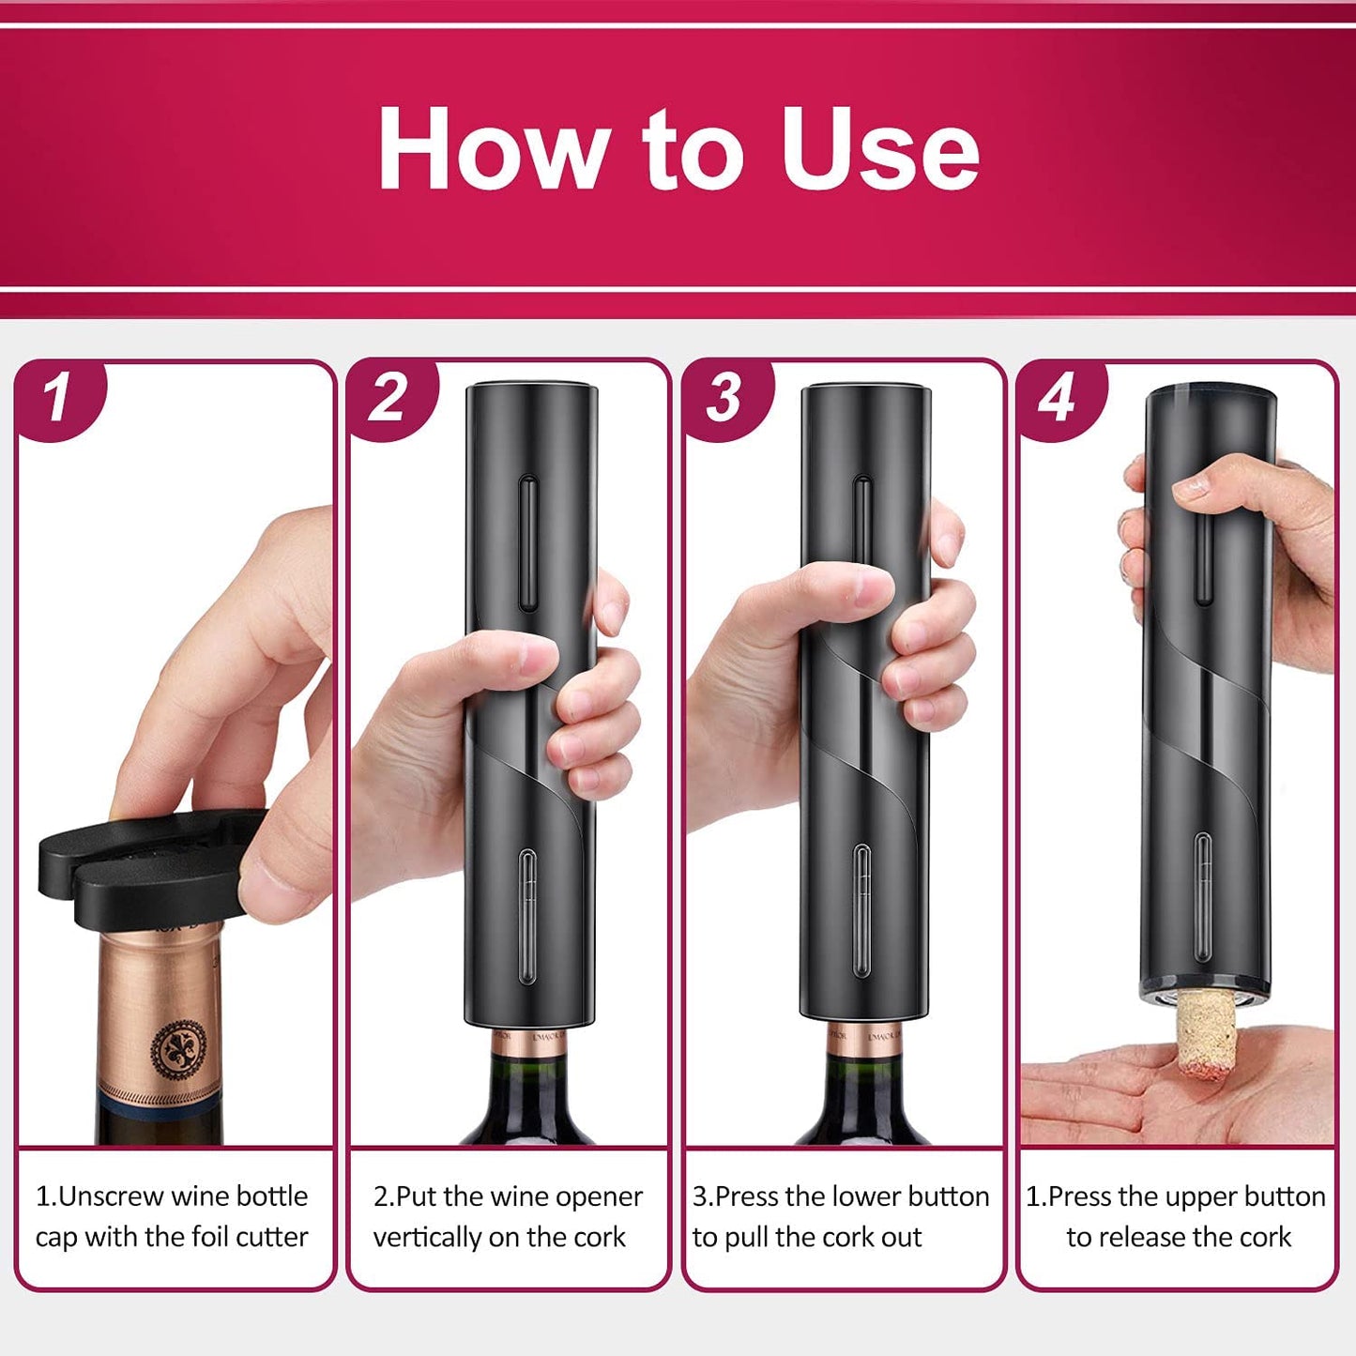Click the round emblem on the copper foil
coord(179,1049)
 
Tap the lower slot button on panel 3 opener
coord(862,910)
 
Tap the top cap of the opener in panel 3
coord(865,391)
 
